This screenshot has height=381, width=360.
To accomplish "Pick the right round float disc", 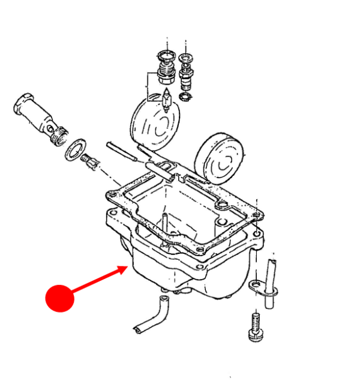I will pos(221,157).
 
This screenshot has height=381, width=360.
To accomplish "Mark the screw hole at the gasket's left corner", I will pos(110,194).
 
